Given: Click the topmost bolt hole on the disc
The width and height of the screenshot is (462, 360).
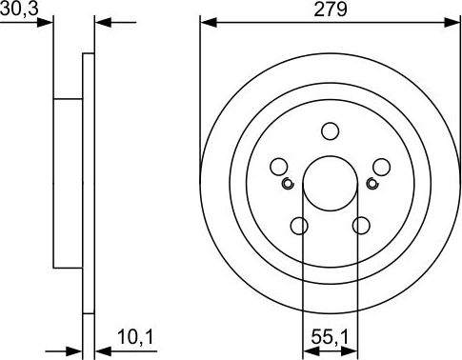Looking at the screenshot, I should click(x=331, y=131).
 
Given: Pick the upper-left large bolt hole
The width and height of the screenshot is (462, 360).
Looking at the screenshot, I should click(x=280, y=167).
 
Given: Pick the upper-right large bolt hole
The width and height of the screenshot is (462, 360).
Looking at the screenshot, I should click(x=380, y=167).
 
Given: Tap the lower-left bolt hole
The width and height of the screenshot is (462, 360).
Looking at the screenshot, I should click(x=299, y=226).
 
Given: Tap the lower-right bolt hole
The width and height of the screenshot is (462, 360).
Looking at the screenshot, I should click(x=361, y=226).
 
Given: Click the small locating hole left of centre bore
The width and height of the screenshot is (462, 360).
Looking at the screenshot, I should click(x=287, y=181).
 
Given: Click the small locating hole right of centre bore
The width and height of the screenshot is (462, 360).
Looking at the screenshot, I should click(x=372, y=181).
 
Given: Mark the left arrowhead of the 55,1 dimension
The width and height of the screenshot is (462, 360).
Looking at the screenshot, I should click(x=308, y=350).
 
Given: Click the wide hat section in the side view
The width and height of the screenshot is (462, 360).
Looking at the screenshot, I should click(x=68, y=181).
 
